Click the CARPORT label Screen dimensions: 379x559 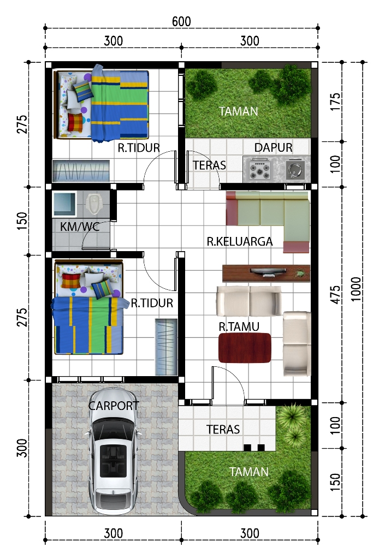pyautogui.click(x=114, y=406)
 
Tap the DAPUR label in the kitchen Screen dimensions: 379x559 pyautogui.click(x=273, y=147)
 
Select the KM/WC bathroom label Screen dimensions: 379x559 pyautogui.click(x=80, y=227)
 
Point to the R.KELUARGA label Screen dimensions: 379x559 pyautogui.click(x=240, y=241)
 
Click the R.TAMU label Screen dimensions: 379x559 pyautogui.click(x=239, y=326)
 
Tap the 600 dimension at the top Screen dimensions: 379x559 pyautogui.click(x=181, y=22)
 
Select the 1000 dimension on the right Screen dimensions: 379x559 pyautogui.click(x=356, y=289)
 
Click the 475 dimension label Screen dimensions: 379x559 pyautogui.click(x=335, y=294)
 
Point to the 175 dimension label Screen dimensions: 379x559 pyautogui.click(x=335, y=102)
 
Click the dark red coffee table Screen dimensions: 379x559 pyautogui.click(x=245, y=348)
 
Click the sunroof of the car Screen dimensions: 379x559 pyautogui.click(x=113, y=460)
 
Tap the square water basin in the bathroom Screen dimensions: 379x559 pyautogui.click(x=64, y=204)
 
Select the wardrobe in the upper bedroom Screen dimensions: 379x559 pyautogui.click(x=81, y=171)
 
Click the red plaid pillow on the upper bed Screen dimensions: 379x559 pyautogui.click(x=75, y=122)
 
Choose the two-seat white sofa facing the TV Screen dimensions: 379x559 pyautogui.click(x=249, y=301)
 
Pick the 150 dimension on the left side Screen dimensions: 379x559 pyautogui.click(x=22, y=221)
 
